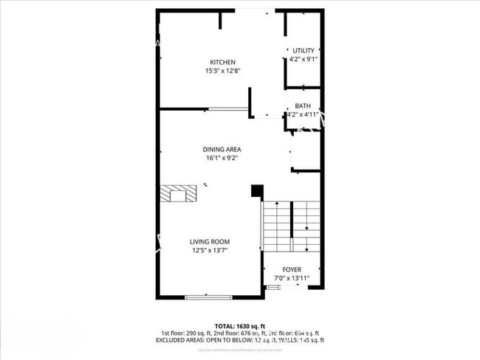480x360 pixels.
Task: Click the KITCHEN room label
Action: (x=222, y=62)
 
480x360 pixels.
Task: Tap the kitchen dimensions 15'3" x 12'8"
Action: (x=222, y=72)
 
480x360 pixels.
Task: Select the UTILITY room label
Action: (x=303, y=51)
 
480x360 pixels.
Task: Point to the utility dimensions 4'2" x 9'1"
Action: (x=303, y=60)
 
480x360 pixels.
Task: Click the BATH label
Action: (x=303, y=106)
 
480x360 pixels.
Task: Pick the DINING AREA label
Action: (x=222, y=149)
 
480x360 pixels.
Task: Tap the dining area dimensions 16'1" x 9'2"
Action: (x=222, y=158)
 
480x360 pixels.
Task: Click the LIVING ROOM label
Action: (x=210, y=242)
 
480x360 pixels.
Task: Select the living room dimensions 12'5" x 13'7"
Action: (x=210, y=251)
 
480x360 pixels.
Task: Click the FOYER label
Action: (x=292, y=269)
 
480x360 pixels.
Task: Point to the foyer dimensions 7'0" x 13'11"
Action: (x=292, y=279)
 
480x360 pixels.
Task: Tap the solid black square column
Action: (x=257, y=191)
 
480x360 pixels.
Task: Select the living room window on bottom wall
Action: (x=208, y=297)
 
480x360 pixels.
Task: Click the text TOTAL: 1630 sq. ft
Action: (x=239, y=325)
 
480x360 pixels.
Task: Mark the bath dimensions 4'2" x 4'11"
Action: (x=303, y=115)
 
